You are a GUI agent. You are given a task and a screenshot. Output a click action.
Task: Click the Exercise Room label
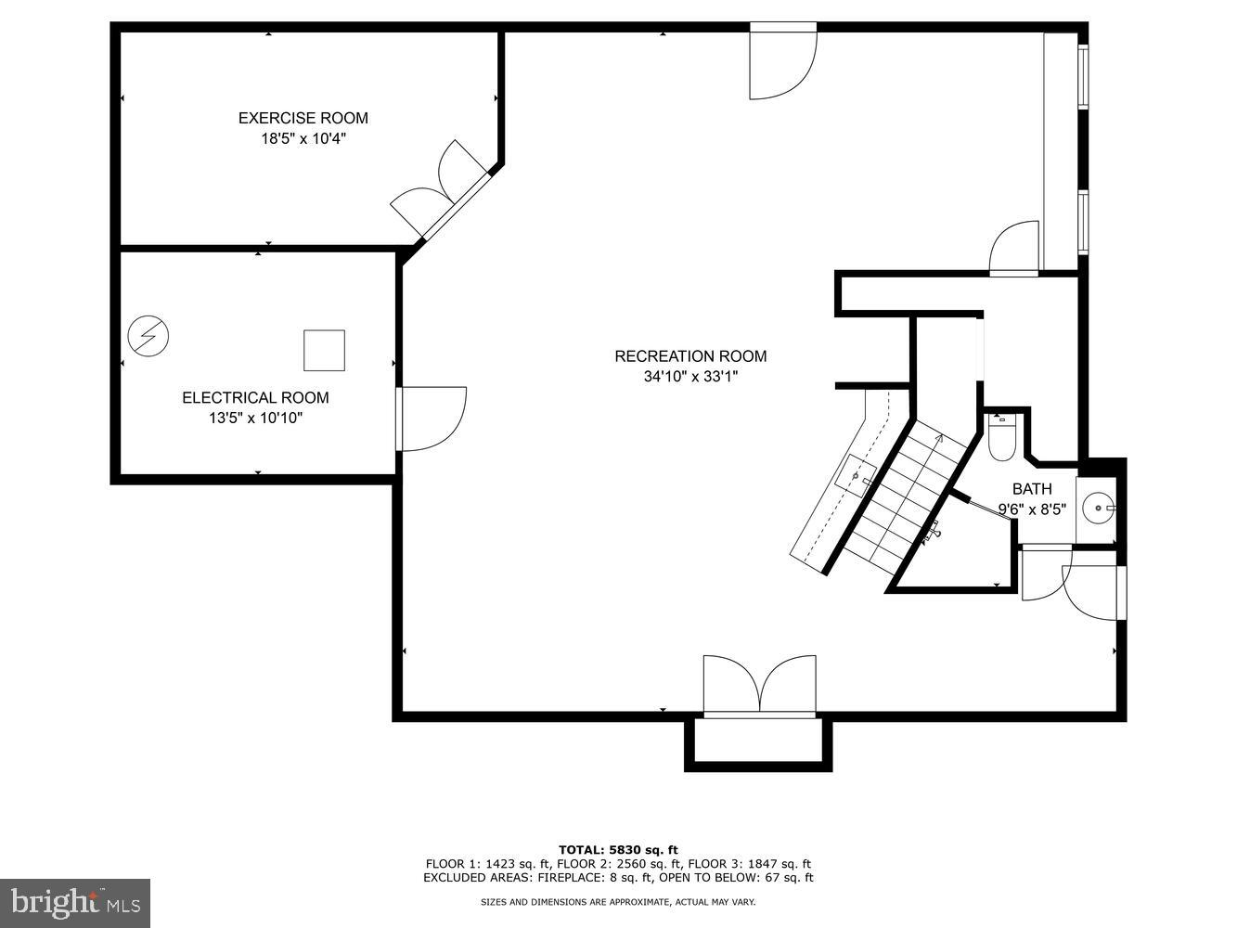point(303,118)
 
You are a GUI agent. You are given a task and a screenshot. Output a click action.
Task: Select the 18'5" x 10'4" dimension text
point(303,139)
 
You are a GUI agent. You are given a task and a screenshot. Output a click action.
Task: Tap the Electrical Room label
point(255,398)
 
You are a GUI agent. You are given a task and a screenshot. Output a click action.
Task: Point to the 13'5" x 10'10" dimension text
point(255,419)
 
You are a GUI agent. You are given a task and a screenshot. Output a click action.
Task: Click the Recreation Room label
point(690,356)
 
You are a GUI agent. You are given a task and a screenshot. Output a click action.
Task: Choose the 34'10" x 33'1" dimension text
point(690,377)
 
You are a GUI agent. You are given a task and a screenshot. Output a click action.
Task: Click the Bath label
point(1032,489)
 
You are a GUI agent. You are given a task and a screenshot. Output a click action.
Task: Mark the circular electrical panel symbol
point(148,336)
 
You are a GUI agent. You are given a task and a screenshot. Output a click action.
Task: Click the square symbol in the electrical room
point(324,350)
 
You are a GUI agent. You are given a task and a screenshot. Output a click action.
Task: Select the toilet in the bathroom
point(1002,437)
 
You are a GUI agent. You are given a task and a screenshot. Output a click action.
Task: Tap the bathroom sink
point(1101,508)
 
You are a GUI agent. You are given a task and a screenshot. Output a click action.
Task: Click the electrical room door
point(432,419)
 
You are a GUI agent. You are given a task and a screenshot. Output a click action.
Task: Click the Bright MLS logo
point(74,902)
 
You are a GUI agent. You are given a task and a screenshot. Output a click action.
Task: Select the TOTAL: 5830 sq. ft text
point(618,849)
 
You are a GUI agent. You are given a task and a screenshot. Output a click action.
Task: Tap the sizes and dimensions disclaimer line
point(618,902)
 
